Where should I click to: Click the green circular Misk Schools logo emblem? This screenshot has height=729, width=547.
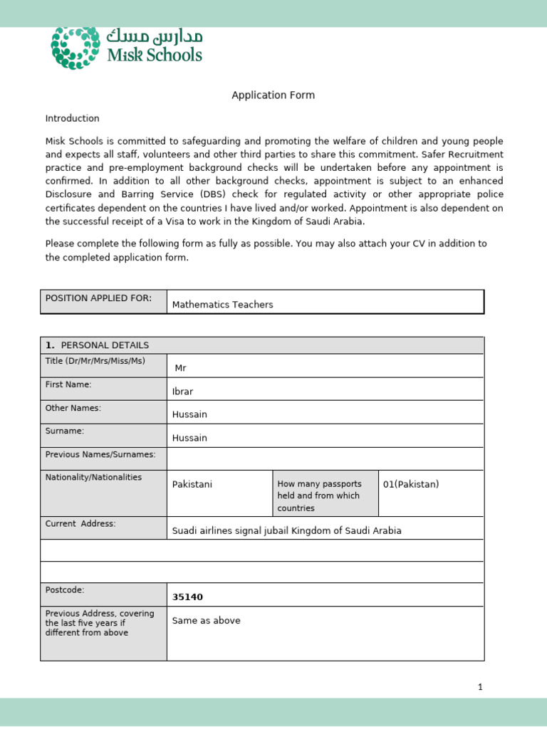click(75, 48)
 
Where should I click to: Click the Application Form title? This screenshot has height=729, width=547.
click(273, 95)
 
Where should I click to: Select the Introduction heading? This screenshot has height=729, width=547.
click(73, 118)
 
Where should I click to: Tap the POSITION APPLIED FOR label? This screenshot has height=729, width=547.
click(98, 298)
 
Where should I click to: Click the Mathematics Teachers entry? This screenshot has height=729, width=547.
click(223, 305)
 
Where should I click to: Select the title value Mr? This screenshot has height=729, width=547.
click(180, 368)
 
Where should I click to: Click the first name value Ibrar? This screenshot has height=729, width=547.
click(182, 392)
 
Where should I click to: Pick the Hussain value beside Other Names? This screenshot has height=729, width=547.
click(189, 414)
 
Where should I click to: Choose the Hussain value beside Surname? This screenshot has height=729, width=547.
click(189, 438)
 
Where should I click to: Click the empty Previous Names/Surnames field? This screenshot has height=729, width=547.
click(325, 458)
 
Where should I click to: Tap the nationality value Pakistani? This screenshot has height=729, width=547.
click(192, 484)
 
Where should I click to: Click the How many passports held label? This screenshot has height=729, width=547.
click(318, 495)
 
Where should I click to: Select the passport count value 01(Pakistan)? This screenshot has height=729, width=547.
click(411, 484)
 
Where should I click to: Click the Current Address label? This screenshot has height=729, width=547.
click(80, 524)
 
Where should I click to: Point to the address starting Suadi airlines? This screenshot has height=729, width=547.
click(286, 530)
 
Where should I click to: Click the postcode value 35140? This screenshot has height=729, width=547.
click(187, 597)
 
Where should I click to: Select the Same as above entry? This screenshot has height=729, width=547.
click(206, 621)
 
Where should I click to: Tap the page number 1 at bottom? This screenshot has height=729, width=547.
click(480, 687)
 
